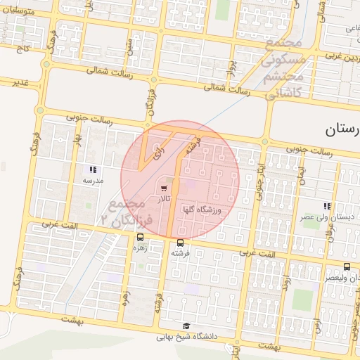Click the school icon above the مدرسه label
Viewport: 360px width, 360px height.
(93, 169)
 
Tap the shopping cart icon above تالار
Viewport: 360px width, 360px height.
(164, 188)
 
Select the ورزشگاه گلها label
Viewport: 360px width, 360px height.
(202, 210)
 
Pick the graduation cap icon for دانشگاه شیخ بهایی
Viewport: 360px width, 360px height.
(186, 325)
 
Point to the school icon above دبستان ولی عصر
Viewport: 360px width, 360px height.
(327, 206)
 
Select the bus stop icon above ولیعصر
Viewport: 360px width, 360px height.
(347, 266)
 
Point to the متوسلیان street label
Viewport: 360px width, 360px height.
(23, 11)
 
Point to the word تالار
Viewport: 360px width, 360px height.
(165, 200)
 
